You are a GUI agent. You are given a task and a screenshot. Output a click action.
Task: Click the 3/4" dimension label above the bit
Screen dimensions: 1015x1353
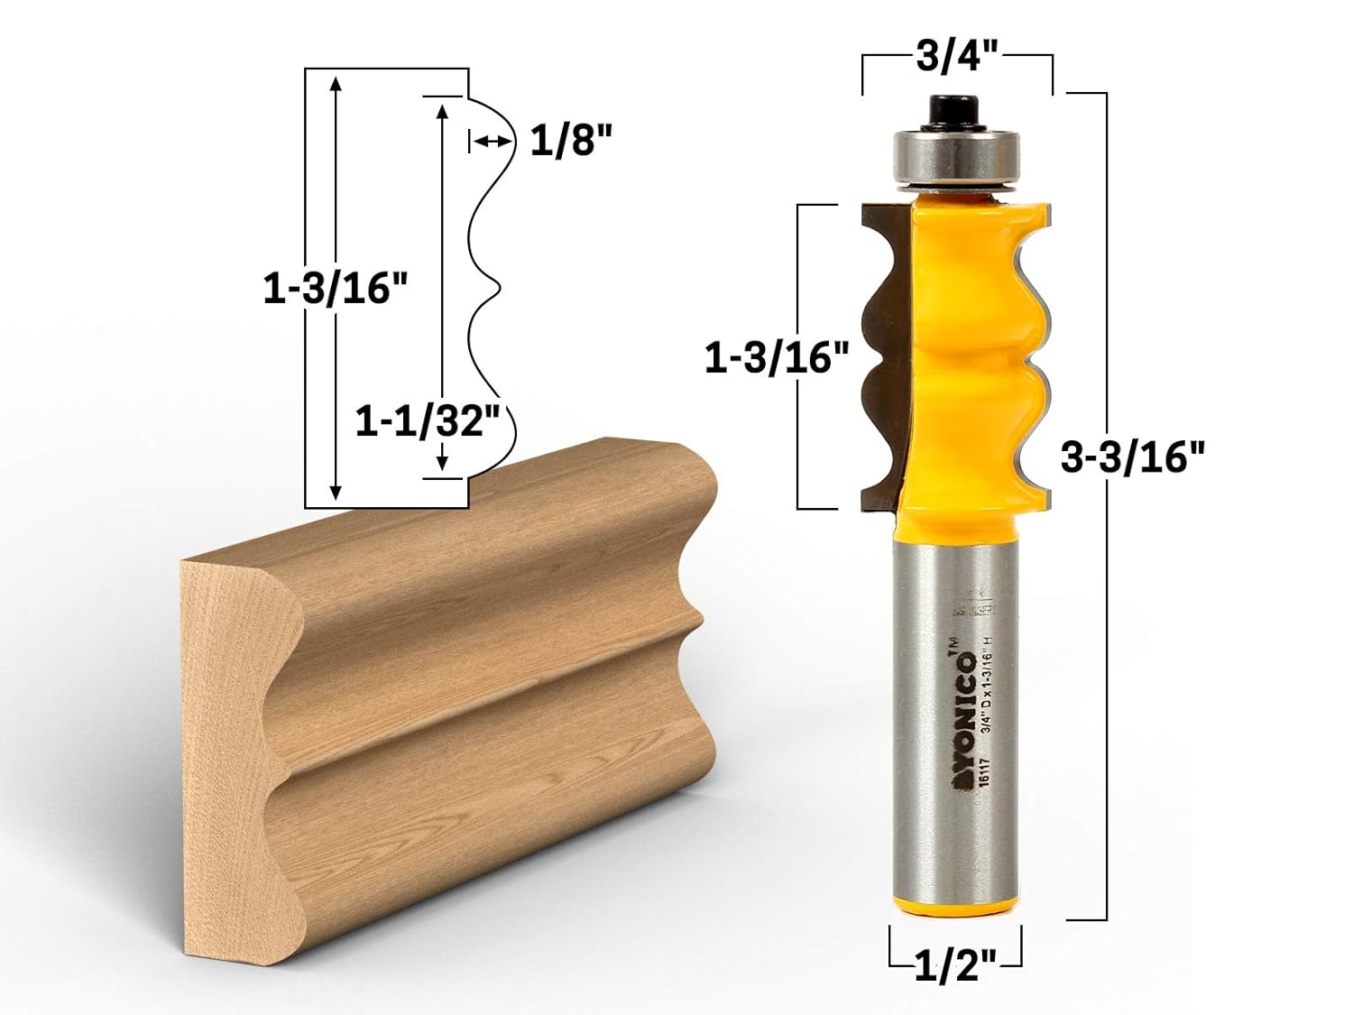coord(957,58)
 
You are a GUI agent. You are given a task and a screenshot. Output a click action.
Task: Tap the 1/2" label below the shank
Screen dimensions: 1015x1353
coord(955,967)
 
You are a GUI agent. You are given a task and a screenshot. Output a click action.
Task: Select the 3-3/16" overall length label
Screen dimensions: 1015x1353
coord(1132,457)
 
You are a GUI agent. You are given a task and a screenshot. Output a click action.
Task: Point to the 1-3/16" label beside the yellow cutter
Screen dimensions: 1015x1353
coord(777,358)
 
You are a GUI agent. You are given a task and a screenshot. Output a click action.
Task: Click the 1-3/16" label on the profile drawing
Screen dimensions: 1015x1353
coord(336,289)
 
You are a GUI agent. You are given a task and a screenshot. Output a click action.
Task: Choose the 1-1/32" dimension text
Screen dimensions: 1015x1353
coord(428,421)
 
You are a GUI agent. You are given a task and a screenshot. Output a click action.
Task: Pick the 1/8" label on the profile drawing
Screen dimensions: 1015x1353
coord(571,141)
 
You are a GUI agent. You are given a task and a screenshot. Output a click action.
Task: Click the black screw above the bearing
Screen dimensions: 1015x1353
coord(956,107)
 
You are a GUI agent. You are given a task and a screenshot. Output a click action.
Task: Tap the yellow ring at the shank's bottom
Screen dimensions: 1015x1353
coord(955,902)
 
